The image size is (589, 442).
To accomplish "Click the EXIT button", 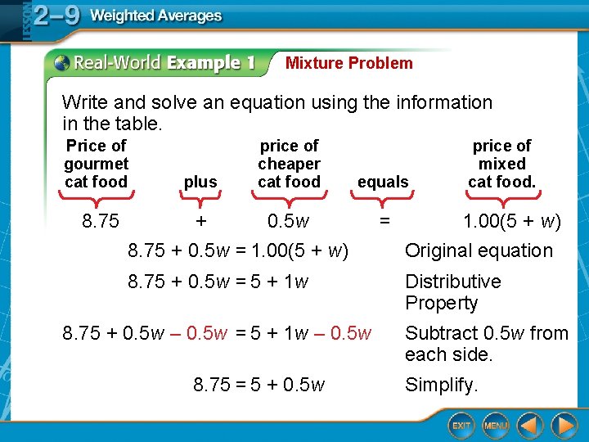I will (x=462, y=425).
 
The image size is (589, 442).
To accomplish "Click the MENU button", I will (x=496, y=425).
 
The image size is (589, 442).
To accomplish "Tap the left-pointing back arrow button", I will (x=530, y=425).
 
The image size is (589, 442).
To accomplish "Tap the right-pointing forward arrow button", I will (x=564, y=425).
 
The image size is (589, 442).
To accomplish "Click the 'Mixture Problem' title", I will (x=348, y=63).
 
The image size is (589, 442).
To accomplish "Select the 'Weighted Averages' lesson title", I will (x=155, y=16).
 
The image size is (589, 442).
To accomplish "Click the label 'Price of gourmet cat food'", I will (x=96, y=164).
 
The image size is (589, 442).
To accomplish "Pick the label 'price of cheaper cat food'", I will (x=289, y=164).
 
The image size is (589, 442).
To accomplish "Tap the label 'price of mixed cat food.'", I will (x=501, y=164).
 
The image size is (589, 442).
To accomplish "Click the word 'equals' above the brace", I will (x=383, y=182).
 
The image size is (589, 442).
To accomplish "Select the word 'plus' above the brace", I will (x=200, y=182).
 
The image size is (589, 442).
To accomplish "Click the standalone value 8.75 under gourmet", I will (x=101, y=221).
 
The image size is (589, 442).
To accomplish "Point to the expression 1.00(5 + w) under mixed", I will (x=511, y=221).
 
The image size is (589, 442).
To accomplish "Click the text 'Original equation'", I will (x=479, y=250).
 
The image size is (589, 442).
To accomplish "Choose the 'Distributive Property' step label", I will (x=452, y=292).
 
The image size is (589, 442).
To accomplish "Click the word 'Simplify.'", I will (x=442, y=385).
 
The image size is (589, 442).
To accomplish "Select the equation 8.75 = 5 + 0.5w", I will (x=259, y=385).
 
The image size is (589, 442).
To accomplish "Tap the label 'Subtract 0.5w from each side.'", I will (x=486, y=344).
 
